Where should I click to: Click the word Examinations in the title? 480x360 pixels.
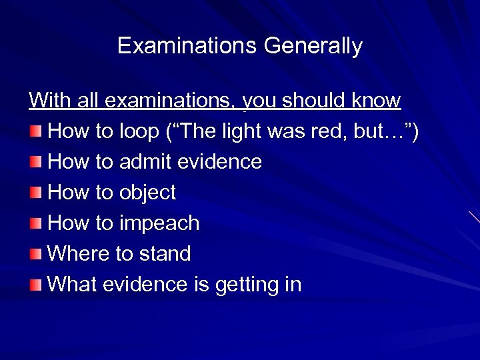pos(187,46)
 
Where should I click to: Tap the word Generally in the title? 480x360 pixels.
pos(313,46)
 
